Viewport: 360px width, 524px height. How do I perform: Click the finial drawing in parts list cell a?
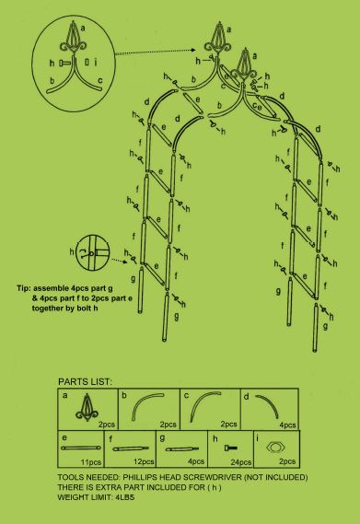(87, 408)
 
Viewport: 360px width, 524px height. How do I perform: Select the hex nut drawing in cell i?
(276, 447)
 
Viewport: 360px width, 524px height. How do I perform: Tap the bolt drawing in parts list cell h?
(231, 448)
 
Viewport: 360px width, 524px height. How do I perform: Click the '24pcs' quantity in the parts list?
(240, 462)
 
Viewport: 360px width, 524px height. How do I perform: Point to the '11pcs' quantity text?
(91, 462)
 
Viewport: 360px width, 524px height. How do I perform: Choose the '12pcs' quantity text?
(144, 461)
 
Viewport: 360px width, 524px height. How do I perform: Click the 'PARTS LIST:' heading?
(85, 381)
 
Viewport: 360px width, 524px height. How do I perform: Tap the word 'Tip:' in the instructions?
(24, 288)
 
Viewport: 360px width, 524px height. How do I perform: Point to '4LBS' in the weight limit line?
(124, 497)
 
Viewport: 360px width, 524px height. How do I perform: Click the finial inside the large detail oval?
(73, 38)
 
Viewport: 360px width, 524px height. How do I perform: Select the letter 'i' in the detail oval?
(96, 62)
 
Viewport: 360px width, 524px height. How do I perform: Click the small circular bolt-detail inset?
(93, 252)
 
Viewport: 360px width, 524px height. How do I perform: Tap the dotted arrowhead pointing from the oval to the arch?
(193, 50)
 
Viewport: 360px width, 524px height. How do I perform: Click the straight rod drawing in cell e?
(81, 448)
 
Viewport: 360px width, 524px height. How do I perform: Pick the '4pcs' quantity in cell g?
(196, 461)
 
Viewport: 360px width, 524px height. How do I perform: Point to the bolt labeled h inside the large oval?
(64, 63)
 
